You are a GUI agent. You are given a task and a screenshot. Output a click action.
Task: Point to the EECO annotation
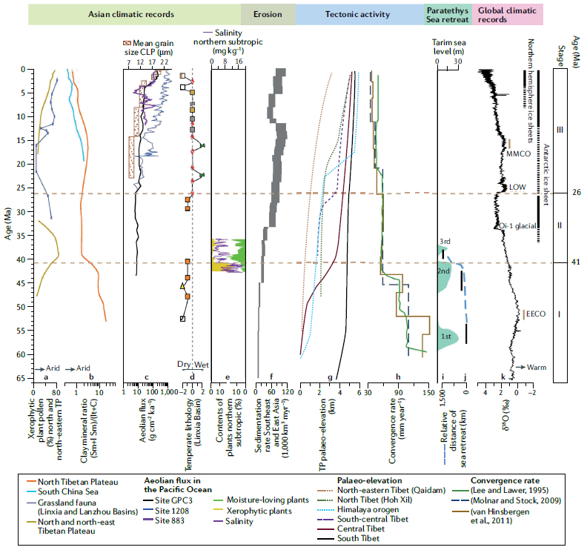pyautogui.click(x=536, y=314)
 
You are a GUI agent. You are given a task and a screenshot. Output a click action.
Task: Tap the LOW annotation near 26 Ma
pyautogui.click(x=514, y=188)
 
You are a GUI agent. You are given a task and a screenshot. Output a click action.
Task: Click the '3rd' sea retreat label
pyautogui.click(x=445, y=242)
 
